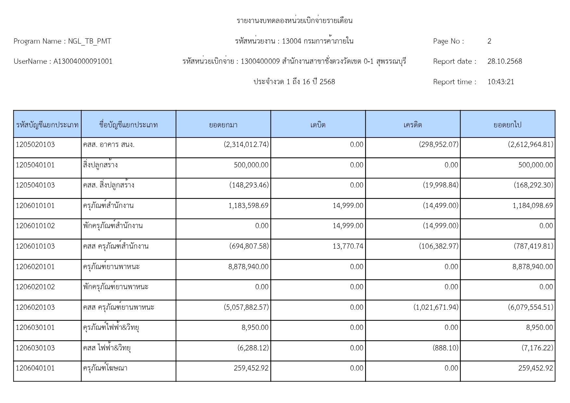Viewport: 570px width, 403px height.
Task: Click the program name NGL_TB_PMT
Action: click(x=89, y=41)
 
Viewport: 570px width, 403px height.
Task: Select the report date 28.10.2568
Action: click(x=504, y=61)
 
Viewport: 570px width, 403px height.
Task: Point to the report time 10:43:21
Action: click(x=500, y=82)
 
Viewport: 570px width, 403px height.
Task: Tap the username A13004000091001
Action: click(x=83, y=61)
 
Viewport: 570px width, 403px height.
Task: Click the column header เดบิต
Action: click(x=318, y=125)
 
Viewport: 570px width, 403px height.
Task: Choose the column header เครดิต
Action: click(x=412, y=125)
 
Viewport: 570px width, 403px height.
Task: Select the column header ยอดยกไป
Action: click(x=507, y=125)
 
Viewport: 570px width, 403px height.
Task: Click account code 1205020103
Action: click(x=35, y=145)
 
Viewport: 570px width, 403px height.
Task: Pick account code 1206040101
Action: click(x=35, y=368)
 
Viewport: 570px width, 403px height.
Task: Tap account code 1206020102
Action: click(x=35, y=287)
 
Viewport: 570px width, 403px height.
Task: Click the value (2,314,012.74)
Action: click(x=246, y=145)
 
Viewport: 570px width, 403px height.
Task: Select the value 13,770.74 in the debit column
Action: click(x=348, y=246)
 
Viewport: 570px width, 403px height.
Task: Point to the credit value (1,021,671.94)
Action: click(x=436, y=307)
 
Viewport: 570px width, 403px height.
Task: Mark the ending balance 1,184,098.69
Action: click(x=533, y=206)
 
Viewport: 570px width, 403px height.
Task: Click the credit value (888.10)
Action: click(x=445, y=348)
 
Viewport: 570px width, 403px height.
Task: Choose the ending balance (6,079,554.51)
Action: click(x=530, y=307)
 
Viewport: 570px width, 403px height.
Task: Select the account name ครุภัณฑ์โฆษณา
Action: click(x=105, y=368)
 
